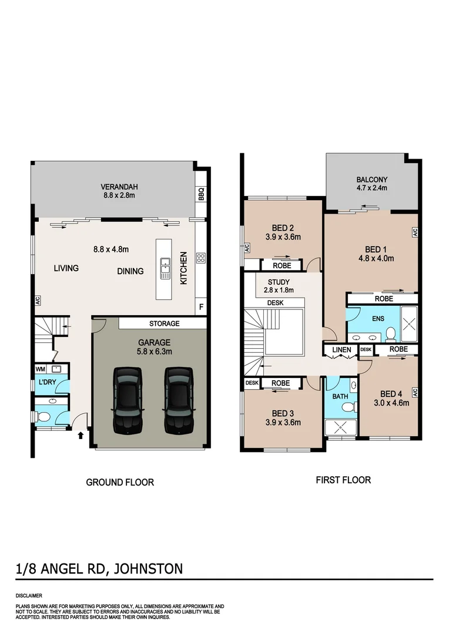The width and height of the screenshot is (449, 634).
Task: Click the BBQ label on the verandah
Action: click(x=201, y=194)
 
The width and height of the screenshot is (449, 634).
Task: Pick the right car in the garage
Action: click(x=179, y=400)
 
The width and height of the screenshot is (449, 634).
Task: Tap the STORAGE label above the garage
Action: click(x=164, y=323)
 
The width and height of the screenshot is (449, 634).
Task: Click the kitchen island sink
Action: click(x=166, y=268)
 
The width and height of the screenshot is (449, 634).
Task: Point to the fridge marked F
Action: click(x=201, y=306)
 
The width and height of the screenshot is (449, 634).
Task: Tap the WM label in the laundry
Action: click(x=40, y=369)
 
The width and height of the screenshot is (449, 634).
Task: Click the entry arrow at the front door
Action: click(x=81, y=435)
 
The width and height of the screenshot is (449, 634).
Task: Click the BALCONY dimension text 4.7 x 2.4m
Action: click(x=372, y=188)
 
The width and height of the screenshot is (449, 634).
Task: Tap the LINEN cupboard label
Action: click(x=341, y=350)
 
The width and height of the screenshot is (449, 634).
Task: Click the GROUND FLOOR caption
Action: click(x=120, y=483)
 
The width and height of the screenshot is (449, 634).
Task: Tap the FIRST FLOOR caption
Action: click(x=343, y=480)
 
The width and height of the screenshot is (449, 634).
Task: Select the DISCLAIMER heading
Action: click(x=29, y=595)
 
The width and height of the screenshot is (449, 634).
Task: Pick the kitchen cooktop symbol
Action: click(x=201, y=257)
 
